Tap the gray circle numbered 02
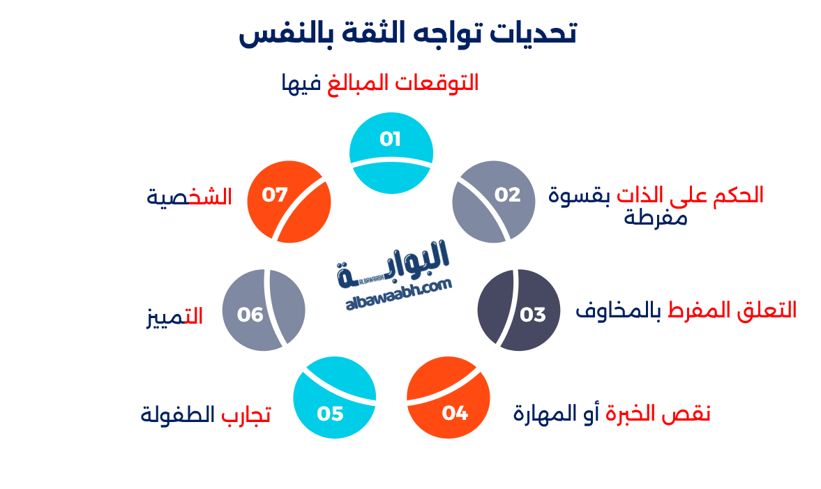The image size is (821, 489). (x=495, y=202)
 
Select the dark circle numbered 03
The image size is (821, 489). (x=519, y=310)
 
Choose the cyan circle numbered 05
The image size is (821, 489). (x=335, y=398)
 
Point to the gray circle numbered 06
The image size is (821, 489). (x=264, y=311)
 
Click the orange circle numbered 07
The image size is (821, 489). (x=288, y=202)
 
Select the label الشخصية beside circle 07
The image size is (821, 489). (x=189, y=197)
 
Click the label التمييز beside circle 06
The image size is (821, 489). (x=174, y=316)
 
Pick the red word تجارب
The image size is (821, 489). (x=246, y=414)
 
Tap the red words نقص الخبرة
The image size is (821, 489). (x=658, y=413)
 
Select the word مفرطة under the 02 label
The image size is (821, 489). (x=656, y=218)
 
